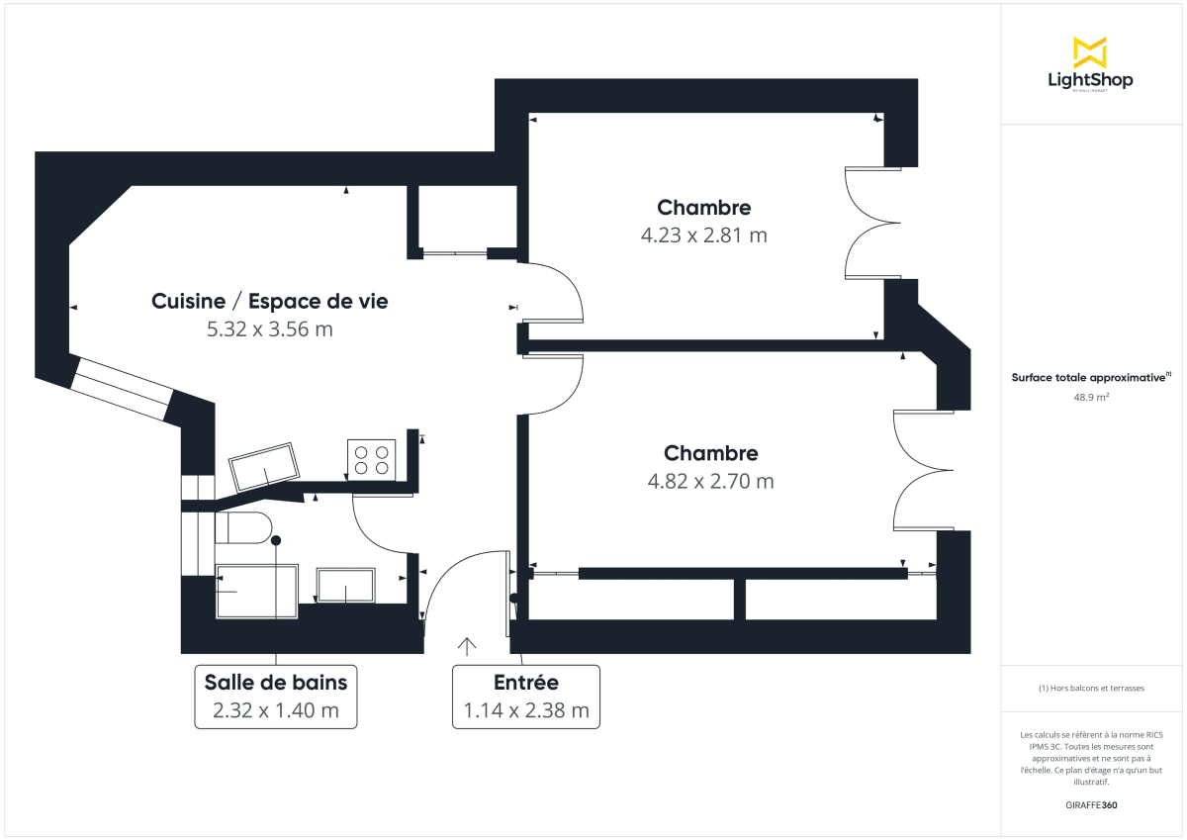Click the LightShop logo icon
pos(1089,52)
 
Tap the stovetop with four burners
pos(371,459)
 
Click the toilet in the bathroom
pos(243,528)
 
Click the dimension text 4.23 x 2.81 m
pos(703,235)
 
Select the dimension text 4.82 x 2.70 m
pos(710,482)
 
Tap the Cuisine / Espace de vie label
pos(269,302)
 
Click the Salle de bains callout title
pos(275,683)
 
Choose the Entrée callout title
pos(525,683)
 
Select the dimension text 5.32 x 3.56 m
pos(269,329)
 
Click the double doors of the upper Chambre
pos(870,223)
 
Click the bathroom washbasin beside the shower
pos(345,586)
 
